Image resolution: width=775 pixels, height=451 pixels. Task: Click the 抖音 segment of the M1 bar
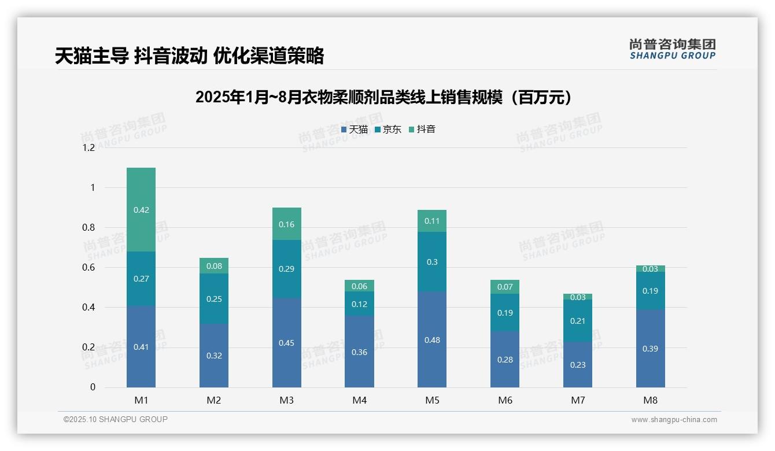[x=141, y=209]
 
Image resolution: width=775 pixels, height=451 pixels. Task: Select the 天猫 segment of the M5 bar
[x=432, y=339]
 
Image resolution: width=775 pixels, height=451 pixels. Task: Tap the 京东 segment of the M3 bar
[x=287, y=269]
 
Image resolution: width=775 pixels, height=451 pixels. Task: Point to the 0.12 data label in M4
[x=359, y=304]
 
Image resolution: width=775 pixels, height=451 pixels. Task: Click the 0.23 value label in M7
[x=578, y=365]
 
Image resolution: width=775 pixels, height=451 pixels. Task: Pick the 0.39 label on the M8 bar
[x=650, y=349]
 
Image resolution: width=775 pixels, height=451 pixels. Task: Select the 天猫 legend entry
[x=355, y=130]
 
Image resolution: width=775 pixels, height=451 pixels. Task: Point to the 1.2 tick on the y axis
[x=88, y=147]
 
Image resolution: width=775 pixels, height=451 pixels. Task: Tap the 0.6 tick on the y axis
[x=88, y=268]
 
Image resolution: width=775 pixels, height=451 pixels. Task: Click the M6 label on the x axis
[x=505, y=400]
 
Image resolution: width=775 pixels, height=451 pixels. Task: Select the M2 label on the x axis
[x=214, y=400]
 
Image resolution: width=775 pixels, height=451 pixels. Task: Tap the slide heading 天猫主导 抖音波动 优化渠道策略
[x=189, y=56]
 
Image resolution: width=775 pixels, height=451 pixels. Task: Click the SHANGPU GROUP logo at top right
[x=673, y=49]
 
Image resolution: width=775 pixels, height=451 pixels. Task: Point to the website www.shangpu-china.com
[x=674, y=420]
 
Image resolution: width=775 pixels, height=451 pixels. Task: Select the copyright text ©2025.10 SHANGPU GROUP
[x=116, y=420]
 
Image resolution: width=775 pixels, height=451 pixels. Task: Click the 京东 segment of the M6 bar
[x=505, y=312]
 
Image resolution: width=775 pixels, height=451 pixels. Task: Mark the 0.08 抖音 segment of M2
[x=214, y=266]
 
